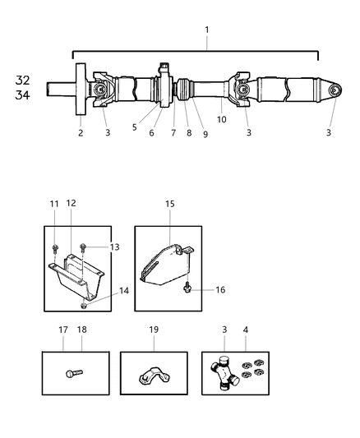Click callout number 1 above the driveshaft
(206, 30)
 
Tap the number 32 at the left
(22, 81)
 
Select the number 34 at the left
(22, 95)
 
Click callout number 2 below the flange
(81, 132)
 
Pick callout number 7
(173, 132)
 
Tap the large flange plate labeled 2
(81, 90)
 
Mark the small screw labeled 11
(54, 247)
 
